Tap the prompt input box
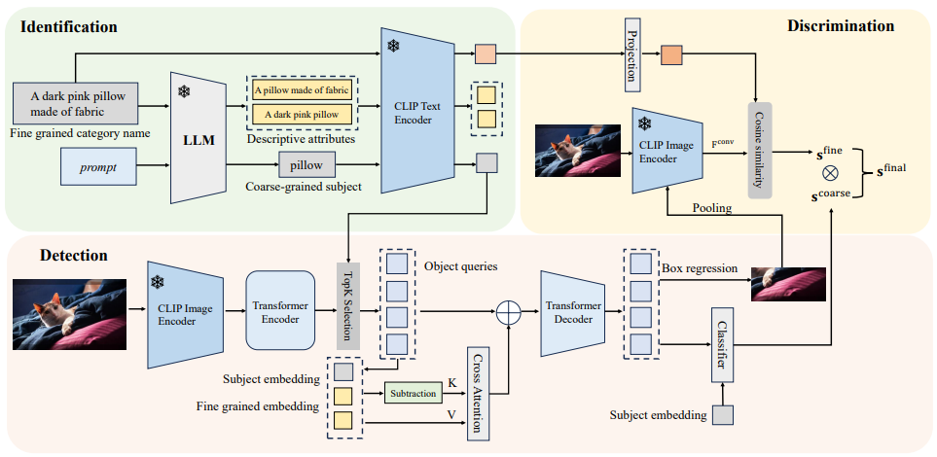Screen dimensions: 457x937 [x=98, y=167]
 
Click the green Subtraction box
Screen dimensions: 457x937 [x=412, y=393]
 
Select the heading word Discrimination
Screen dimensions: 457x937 [x=840, y=25]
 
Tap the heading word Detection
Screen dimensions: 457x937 [x=74, y=256]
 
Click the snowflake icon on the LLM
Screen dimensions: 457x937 [x=184, y=91]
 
